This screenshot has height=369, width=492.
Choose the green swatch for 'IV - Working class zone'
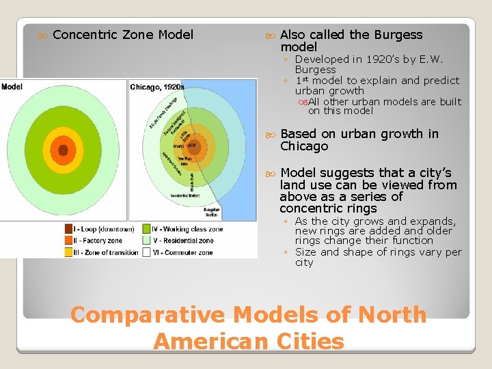pos(147,229)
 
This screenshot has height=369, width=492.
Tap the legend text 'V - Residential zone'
pos(184,241)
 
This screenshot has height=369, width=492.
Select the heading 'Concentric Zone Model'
pos(123,34)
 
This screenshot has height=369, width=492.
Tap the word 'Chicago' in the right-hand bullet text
pos(304,146)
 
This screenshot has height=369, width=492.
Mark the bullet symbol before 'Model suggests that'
pos(272,173)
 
